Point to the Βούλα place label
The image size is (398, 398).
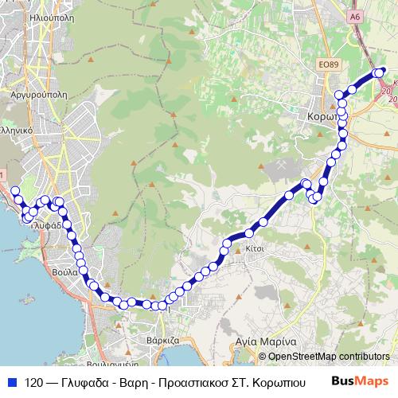68,271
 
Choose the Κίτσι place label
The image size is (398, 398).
255,248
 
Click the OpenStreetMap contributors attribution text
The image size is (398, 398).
329,357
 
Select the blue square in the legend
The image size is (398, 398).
12,381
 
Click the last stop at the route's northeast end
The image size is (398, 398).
379,72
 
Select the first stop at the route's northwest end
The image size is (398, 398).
14,190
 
